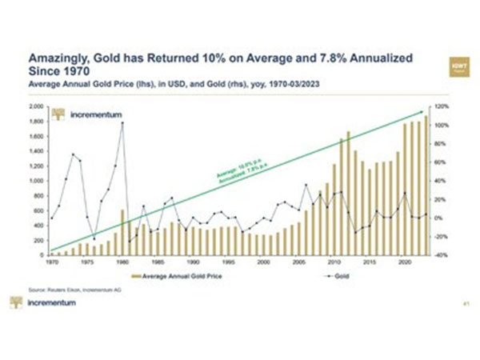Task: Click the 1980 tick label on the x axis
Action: pos(122,262)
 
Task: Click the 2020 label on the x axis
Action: pos(406,262)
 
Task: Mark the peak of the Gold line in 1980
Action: pos(122,123)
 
